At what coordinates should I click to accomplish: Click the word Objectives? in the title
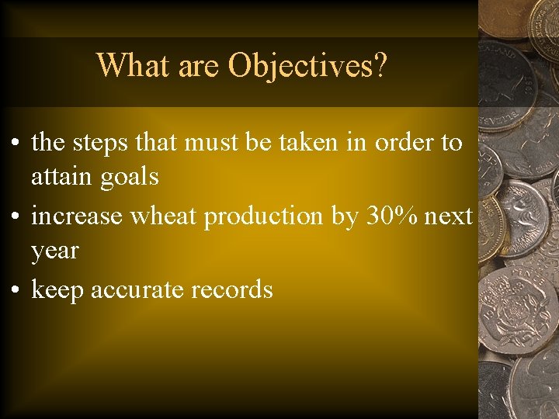pyautogui.click(x=307, y=66)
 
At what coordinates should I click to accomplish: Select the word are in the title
pyautogui.click(x=200, y=66)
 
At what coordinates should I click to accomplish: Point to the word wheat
pyautogui.click(x=164, y=216)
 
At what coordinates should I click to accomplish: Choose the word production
pyautogui.click(x=264, y=217)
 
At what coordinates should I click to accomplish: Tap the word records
pyautogui.click(x=232, y=289)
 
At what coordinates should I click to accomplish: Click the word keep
pyautogui.click(x=57, y=290)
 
